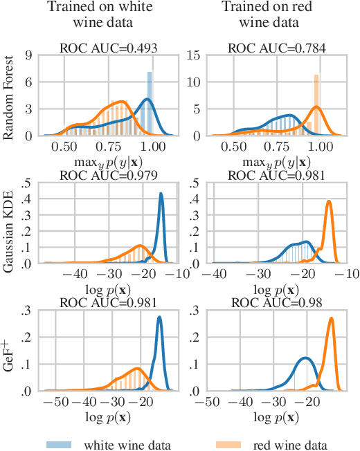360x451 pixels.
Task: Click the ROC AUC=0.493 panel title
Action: tap(107, 48)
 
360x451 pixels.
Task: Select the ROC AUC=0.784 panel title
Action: tap(276, 48)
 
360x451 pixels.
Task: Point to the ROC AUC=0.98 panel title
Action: tap(276, 303)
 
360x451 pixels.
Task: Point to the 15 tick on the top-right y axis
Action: tap(196, 55)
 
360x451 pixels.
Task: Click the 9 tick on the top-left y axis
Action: tap(30, 55)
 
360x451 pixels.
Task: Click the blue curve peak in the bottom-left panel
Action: tap(160, 317)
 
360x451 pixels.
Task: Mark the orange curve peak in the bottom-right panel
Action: tap(332, 319)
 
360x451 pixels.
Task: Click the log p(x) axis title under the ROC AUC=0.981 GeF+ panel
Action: tap(107, 417)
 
